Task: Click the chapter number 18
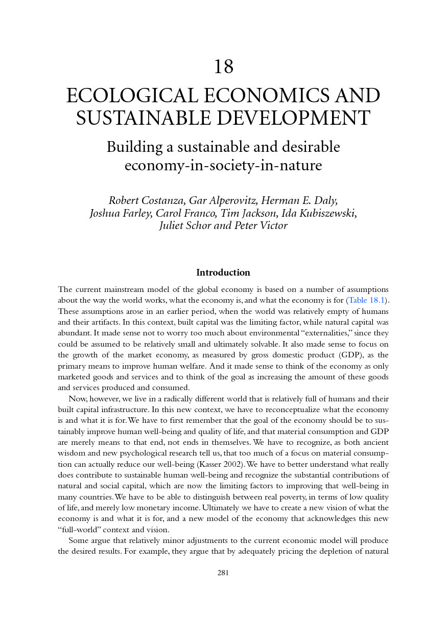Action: coord(223,67)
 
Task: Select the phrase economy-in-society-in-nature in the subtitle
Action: coord(223,166)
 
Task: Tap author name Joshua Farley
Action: coord(119,213)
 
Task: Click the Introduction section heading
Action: coord(223,273)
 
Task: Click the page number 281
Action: coord(223,573)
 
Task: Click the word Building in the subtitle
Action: coord(132,147)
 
